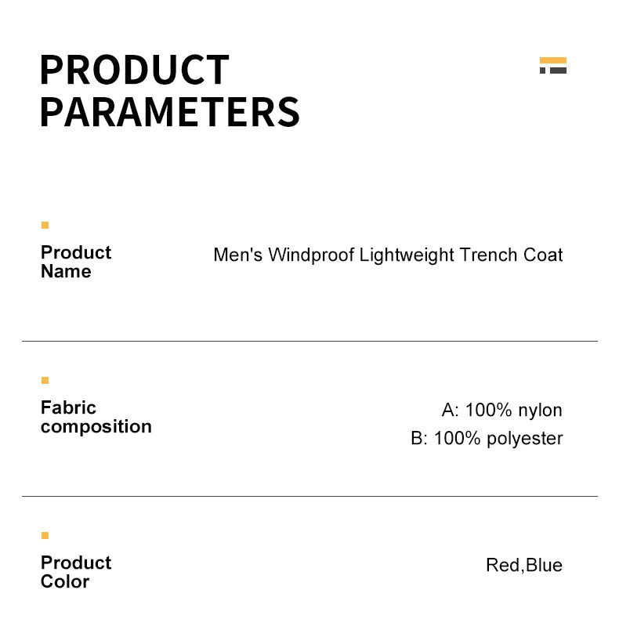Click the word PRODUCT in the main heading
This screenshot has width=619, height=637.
point(134,70)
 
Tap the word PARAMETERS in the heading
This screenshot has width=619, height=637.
point(169,111)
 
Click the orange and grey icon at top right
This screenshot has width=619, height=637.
point(553,66)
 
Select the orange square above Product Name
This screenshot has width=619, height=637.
point(45,226)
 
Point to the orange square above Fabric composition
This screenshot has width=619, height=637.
point(45,381)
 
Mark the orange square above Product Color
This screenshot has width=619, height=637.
point(45,536)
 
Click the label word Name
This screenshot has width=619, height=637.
point(66,272)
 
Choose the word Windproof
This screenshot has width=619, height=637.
point(312,255)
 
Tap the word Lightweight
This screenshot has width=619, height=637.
point(407,255)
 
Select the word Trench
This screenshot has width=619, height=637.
point(489,255)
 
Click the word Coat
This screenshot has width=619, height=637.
point(543,255)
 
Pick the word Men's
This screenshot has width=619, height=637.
point(238,255)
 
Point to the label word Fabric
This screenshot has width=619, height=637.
point(68,407)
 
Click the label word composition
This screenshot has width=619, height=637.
point(96,427)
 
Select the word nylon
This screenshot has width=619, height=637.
point(540,411)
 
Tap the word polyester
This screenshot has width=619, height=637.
point(524,439)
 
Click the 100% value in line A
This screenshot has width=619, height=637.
point(489,411)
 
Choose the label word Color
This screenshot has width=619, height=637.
point(65,582)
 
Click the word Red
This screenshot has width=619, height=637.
point(502,566)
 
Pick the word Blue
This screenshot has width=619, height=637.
point(544,566)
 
